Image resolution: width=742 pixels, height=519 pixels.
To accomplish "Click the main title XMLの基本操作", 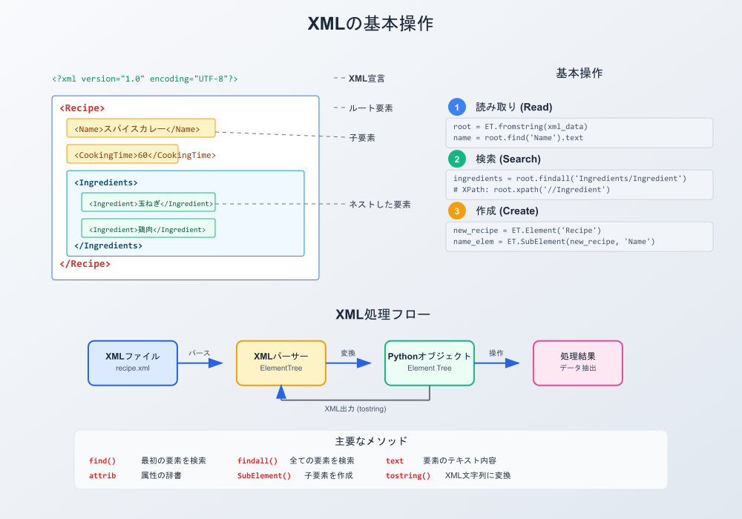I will click(x=370, y=24).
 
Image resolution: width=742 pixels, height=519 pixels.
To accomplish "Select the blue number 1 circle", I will click(x=458, y=107).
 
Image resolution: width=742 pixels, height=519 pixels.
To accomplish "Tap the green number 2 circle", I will click(x=458, y=159).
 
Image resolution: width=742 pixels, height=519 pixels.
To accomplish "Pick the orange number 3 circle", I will click(x=458, y=211).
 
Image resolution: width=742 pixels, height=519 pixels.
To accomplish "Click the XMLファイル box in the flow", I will click(x=133, y=363).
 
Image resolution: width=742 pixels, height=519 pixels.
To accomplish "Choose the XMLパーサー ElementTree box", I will click(x=281, y=363).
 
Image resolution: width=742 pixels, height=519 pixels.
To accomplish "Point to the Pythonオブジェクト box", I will click(x=430, y=363).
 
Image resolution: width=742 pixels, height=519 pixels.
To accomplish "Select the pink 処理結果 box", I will click(x=578, y=363).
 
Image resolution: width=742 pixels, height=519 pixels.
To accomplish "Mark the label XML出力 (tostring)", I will click(x=355, y=409).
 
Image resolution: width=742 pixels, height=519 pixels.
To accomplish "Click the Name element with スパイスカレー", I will click(x=141, y=128).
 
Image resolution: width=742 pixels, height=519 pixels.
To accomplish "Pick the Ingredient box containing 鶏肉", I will click(x=148, y=228).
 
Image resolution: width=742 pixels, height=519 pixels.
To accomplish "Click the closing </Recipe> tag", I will click(x=85, y=263).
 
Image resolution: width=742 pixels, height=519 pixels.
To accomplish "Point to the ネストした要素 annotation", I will click(x=380, y=204).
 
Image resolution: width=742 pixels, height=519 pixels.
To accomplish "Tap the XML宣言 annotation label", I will click(x=367, y=78).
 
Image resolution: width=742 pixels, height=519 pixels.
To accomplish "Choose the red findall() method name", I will click(x=257, y=460).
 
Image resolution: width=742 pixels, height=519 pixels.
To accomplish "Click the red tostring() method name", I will click(x=407, y=475).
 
